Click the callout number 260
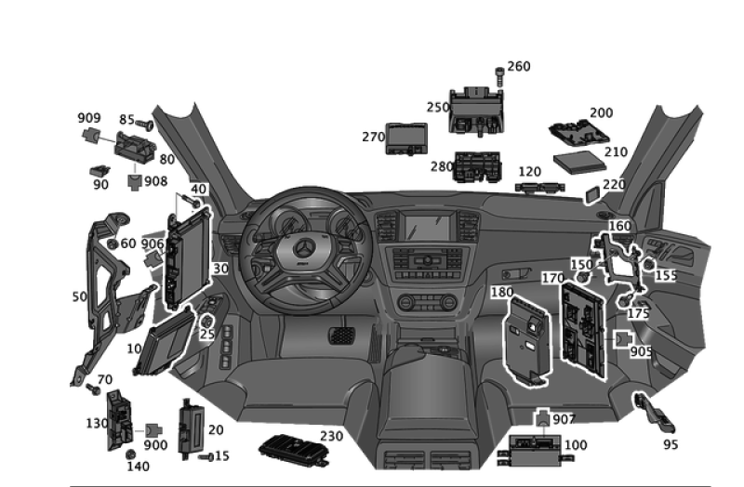point(519,66)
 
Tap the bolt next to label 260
point(499,76)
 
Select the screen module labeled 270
point(406,138)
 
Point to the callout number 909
point(89,118)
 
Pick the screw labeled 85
point(144,125)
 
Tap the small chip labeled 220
point(592,194)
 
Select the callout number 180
point(502,292)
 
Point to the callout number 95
point(671,444)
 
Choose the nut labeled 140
point(130,454)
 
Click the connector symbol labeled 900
point(153,430)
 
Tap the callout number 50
point(80,296)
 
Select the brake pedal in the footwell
point(341,336)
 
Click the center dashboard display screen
point(427,228)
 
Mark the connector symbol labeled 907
point(543,418)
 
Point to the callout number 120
point(529,172)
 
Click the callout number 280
point(442,167)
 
